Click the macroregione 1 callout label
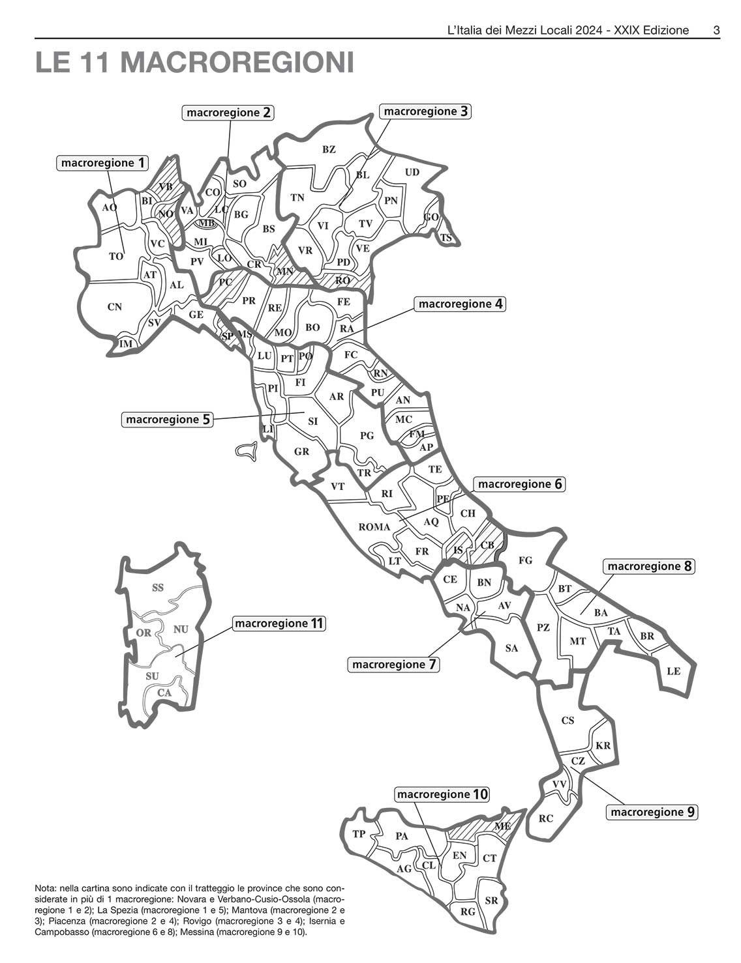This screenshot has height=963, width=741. (103, 163)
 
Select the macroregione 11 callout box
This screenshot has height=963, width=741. (279, 624)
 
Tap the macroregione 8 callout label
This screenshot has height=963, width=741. (649, 566)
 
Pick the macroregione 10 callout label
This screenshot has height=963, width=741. (442, 794)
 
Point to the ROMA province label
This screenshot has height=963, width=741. (374, 527)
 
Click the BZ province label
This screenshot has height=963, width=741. (329, 149)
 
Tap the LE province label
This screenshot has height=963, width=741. (673, 670)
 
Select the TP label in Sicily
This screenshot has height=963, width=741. (359, 834)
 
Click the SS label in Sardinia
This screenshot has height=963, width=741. (158, 588)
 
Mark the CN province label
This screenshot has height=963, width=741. (114, 307)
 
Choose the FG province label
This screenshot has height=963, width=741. (525, 560)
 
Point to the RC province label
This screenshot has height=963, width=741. (546, 818)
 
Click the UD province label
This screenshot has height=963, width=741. (412, 172)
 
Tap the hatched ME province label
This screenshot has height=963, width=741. (502, 826)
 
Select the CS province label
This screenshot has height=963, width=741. (567, 721)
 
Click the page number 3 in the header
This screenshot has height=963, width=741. (716, 30)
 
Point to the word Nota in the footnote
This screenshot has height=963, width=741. (45, 888)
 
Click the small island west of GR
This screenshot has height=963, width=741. (245, 451)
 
